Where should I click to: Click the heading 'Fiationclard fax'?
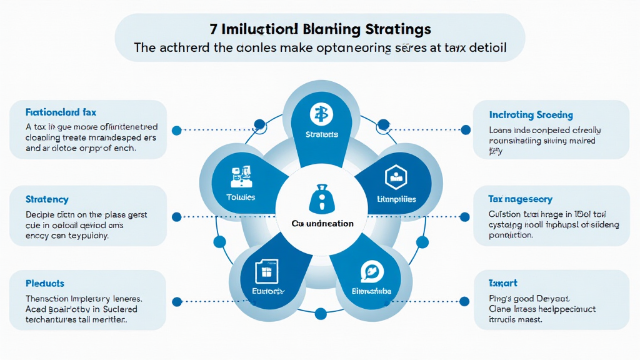[x=61, y=112]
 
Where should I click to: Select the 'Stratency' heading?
[x=47, y=199]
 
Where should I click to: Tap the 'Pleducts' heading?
[x=45, y=283]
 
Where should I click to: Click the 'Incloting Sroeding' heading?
[x=531, y=115]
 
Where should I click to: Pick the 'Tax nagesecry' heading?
[x=520, y=199]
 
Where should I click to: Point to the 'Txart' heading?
[x=502, y=283]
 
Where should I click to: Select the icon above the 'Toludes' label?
[x=240, y=176]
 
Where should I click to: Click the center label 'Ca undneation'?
[x=322, y=224]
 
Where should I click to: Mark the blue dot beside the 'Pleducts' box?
[x=176, y=301]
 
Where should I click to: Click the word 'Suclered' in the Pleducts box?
[x=117, y=309]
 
